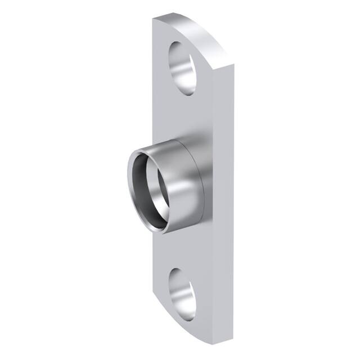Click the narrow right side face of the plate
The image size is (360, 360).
pyautogui.click(x=225, y=197)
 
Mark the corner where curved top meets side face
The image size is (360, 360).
pyautogui.click(x=231, y=66)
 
